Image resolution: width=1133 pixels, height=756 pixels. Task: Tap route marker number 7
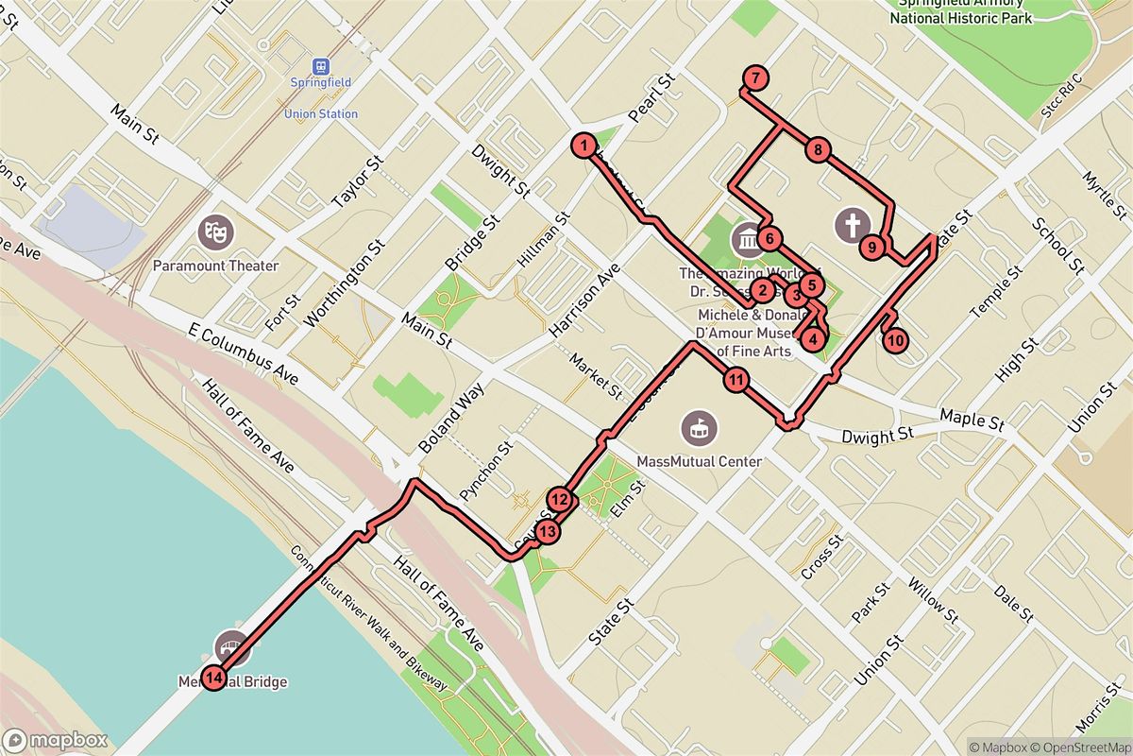tap(755, 78)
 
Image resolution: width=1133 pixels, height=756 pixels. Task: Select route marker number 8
tap(819, 149)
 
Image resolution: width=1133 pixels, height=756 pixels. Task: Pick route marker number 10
tap(896, 339)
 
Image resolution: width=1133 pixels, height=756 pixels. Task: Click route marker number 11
tap(736, 381)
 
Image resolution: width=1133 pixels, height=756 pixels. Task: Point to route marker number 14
tap(215, 677)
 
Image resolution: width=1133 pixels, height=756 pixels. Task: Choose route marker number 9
tap(873, 248)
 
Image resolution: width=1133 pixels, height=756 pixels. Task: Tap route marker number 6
tap(769, 238)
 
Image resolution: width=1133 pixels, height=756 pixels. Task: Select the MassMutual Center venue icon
tap(699, 428)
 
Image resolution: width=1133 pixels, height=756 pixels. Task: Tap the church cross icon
tap(852, 224)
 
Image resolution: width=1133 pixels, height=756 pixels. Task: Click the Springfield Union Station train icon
tap(322, 66)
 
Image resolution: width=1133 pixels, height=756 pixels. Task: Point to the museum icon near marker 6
tap(748, 239)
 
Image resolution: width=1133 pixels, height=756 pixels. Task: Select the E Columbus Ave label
tap(244, 356)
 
